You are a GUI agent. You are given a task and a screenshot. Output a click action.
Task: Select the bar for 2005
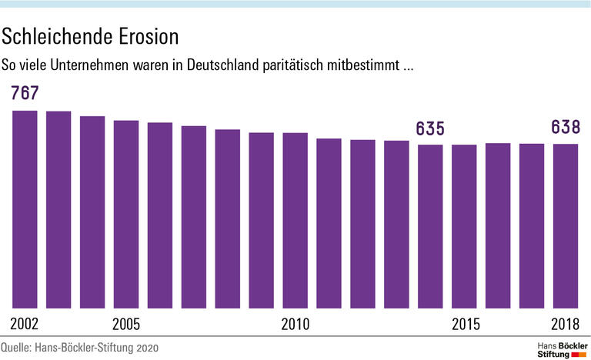pyautogui.click(x=126, y=215)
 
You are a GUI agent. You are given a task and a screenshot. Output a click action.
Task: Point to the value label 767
pyautogui.click(x=25, y=94)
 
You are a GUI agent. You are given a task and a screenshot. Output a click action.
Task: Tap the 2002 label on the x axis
pyautogui.click(x=25, y=323)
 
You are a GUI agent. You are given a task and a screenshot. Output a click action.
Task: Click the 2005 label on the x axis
pyautogui.click(x=126, y=323)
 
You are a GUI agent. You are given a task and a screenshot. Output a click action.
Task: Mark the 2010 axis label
pyautogui.click(x=295, y=323)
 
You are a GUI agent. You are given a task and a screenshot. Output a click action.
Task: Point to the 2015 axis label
pyautogui.click(x=465, y=323)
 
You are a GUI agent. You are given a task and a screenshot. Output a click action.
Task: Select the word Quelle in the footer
pyautogui.click(x=16, y=348)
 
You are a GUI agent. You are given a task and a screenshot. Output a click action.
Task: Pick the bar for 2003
pyautogui.click(x=58, y=210)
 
